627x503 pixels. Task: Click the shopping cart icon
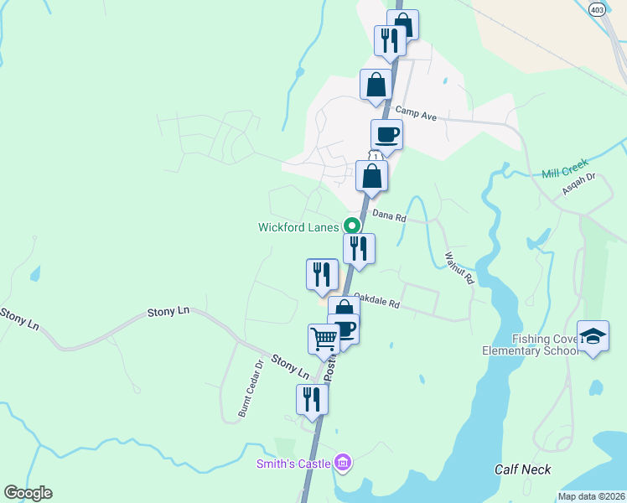324,340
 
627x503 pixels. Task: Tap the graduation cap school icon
593,337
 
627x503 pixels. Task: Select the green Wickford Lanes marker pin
352,226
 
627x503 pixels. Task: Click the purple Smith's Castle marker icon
341,462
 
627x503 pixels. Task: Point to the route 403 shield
597,9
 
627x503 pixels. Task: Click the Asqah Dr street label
578,183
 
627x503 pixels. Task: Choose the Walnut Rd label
459,267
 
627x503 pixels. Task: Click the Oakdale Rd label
376,299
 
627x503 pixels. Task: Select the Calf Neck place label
522,469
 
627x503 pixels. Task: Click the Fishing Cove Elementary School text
530,344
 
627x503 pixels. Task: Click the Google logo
28,493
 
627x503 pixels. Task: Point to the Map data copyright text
590,496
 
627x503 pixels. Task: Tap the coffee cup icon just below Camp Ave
386,134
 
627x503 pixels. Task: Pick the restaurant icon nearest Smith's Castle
312,399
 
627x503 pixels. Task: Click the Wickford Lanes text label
298,226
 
